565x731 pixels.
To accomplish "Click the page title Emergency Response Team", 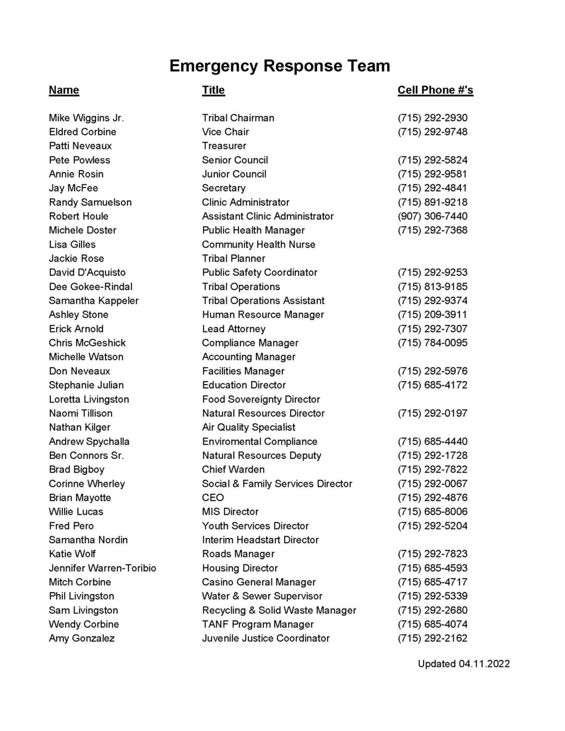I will pyautogui.click(x=280, y=66).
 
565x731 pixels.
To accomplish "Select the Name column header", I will pyautogui.click(x=64, y=90).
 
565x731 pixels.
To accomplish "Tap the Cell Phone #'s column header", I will pyautogui.click(x=435, y=90).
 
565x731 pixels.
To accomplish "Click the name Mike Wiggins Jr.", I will pyautogui.click(x=86, y=118).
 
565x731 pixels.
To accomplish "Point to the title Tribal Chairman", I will pyautogui.click(x=238, y=118).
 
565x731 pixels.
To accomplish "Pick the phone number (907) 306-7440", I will pyautogui.click(x=432, y=216).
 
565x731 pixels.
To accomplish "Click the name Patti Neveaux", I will pyautogui.click(x=80, y=146).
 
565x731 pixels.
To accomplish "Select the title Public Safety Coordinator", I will pyautogui.click(x=259, y=273).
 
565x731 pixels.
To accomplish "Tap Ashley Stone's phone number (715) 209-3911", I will pyautogui.click(x=432, y=315).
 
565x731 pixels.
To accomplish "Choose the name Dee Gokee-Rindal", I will pyautogui.click(x=90, y=287).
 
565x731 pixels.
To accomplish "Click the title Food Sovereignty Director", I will pyautogui.click(x=261, y=399).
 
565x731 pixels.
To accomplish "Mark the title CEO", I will pyautogui.click(x=213, y=498).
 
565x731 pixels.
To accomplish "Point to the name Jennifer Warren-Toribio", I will pyautogui.click(x=102, y=568).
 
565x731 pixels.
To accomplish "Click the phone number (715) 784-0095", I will pyautogui.click(x=432, y=343).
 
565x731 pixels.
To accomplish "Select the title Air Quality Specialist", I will pyautogui.click(x=248, y=428).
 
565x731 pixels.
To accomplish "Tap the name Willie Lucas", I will pyautogui.click(x=76, y=512).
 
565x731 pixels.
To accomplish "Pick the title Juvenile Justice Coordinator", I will pyautogui.click(x=265, y=638).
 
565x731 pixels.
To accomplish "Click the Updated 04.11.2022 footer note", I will pyautogui.click(x=463, y=664).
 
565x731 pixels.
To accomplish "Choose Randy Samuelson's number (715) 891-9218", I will pyautogui.click(x=432, y=202).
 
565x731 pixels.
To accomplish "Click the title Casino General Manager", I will pyautogui.click(x=259, y=582).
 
